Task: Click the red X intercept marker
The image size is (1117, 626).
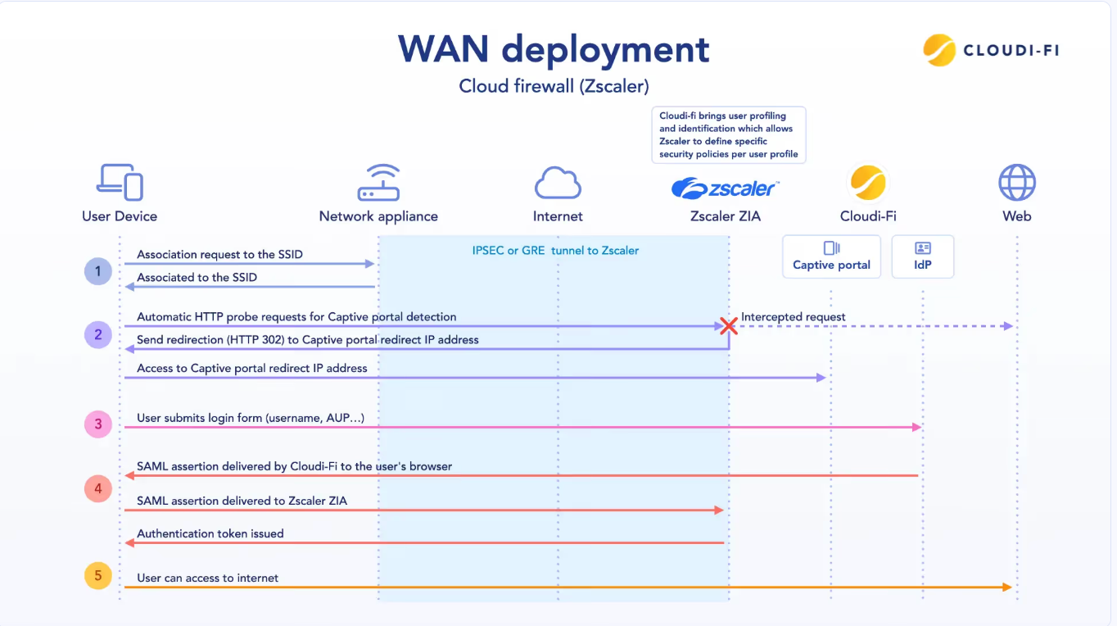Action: coord(729,326)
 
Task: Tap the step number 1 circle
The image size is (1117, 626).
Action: coord(97,271)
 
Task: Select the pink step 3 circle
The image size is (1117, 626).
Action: coord(97,424)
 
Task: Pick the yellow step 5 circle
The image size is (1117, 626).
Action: coord(97,576)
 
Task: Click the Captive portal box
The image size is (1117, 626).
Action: coord(831,256)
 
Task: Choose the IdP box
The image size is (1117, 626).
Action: coord(923,256)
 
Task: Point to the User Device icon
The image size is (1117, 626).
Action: coord(120,182)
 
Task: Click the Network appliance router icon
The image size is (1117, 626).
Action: coord(378,182)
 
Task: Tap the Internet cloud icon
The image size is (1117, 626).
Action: coord(558,183)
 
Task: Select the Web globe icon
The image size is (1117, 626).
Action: coord(1017,182)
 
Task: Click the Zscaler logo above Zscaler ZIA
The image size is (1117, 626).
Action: coord(725,188)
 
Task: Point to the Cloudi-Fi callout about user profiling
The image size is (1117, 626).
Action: coord(729,134)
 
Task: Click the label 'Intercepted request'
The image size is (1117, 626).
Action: coord(793,317)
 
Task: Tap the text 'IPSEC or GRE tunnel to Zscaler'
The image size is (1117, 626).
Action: coord(555,251)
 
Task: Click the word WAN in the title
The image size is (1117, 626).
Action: coord(443,49)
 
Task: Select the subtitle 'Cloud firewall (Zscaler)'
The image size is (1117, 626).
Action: coord(554,86)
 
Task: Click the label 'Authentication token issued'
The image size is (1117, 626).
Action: coord(210,533)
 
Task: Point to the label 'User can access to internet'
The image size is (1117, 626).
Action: coord(207,578)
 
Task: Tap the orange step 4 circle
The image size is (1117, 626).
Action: coord(97,488)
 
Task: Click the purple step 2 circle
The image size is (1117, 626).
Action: coord(97,334)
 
